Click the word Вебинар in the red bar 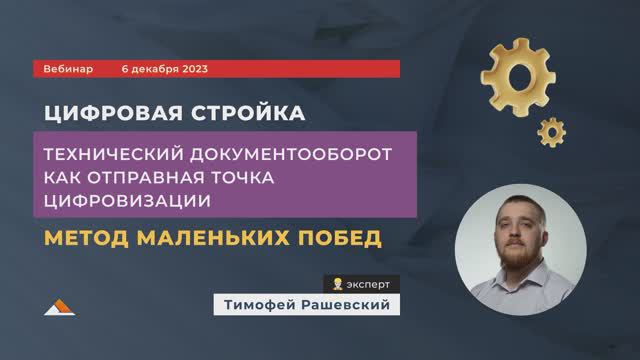coord(69,68)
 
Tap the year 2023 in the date coord(190,68)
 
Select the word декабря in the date coord(150,68)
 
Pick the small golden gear coord(550,130)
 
